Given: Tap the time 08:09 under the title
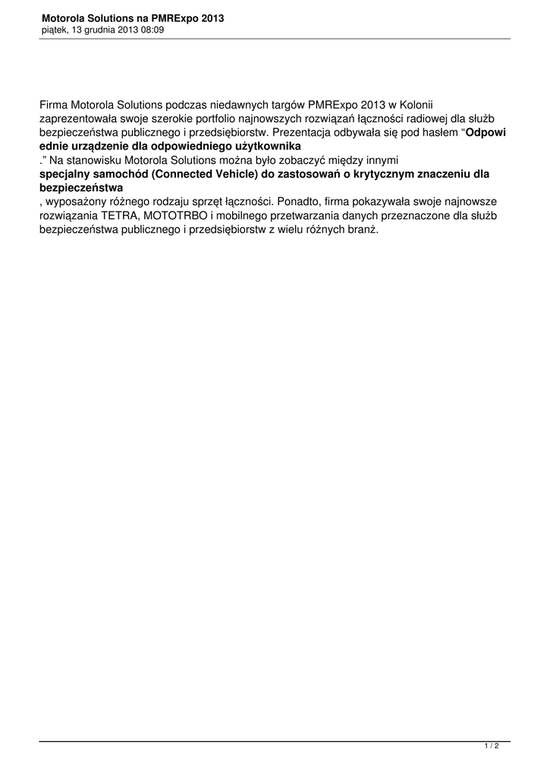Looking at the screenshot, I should pyautogui.click(x=150, y=30).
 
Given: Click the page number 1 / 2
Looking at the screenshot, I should pyautogui.click(x=492, y=747).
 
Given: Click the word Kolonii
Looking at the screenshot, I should pyautogui.click(x=413, y=103).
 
